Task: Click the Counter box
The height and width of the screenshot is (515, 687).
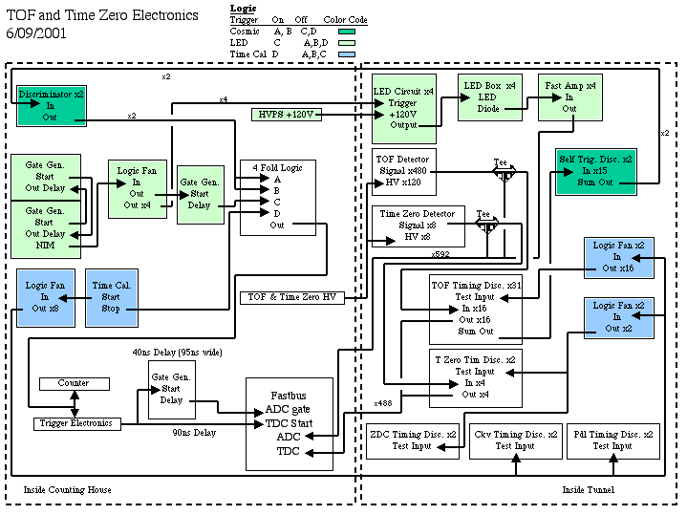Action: (75, 384)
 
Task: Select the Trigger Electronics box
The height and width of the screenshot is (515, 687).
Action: (77, 424)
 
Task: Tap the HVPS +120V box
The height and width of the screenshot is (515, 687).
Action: (287, 115)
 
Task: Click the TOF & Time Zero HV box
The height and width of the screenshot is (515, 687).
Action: (292, 297)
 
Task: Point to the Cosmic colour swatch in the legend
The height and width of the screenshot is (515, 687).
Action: (347, 32)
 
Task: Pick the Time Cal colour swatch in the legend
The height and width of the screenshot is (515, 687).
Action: (347, 54)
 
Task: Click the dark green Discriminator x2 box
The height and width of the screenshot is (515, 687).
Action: (52, 106)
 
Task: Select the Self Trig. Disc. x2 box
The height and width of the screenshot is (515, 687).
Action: (596, 171)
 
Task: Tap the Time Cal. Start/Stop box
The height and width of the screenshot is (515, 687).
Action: (112, 297)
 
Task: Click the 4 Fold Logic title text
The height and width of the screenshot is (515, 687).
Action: (277, 168)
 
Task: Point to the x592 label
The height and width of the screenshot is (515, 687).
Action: (440, 254)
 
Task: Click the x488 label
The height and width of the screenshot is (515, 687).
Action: (383, 403)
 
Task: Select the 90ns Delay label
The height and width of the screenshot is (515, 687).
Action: (194, 433)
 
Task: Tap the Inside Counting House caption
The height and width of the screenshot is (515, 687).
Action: (68, 489)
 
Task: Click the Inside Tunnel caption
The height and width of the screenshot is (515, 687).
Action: (589, 489)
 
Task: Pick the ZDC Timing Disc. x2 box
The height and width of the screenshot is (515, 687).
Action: (413, 441)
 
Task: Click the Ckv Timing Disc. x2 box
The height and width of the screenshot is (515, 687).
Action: (516, 441)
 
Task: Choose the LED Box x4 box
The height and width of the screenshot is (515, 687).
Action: (490, 97)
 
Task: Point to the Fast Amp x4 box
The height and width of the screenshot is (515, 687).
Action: (570, 97)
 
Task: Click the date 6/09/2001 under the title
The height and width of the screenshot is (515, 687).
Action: (36, 33)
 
